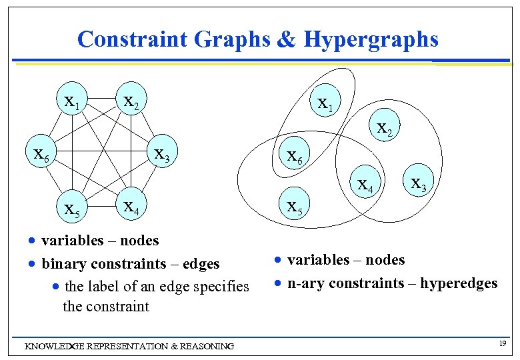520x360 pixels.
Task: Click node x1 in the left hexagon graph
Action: point(70,101)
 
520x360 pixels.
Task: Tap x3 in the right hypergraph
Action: point(419,181)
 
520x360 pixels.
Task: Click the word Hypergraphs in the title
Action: point(371,39)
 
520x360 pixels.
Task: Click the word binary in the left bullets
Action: point(61,264)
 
